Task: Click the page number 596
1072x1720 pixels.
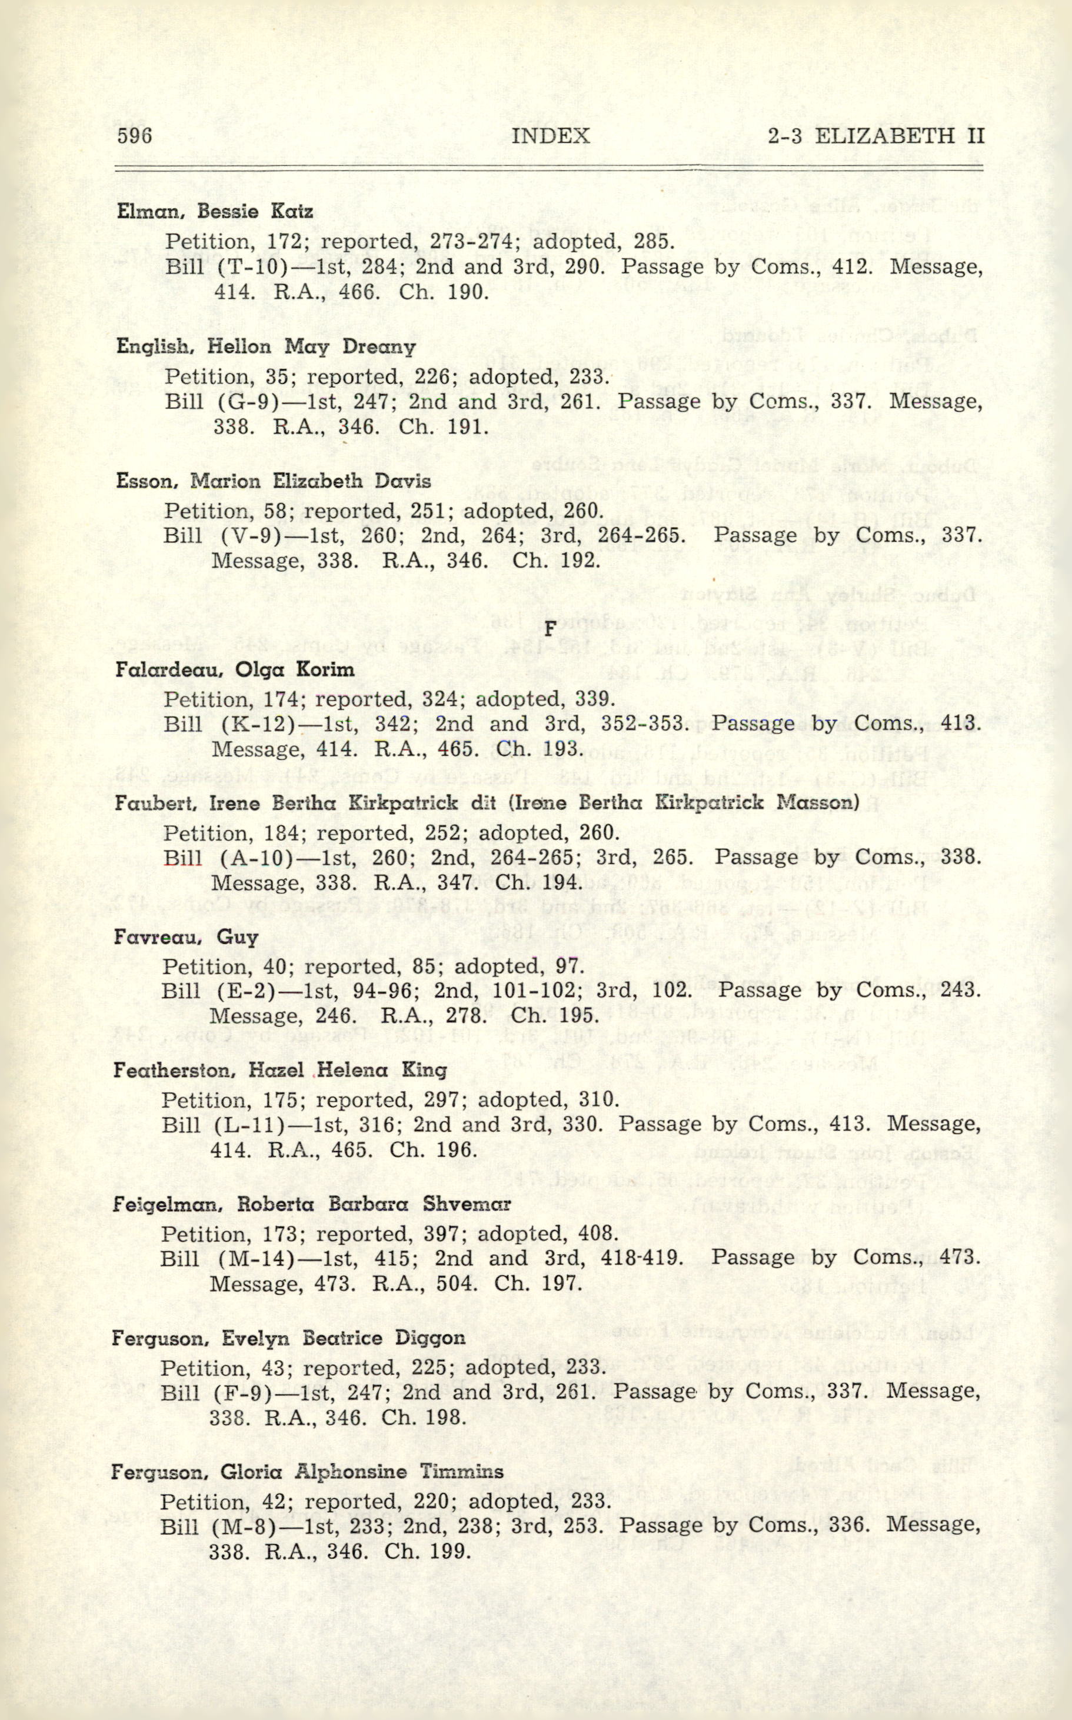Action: pos(134,135)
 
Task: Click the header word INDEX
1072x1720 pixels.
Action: pos(550,135)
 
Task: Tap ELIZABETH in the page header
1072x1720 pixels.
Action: pos(884,135)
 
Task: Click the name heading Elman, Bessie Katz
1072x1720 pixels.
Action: pos(214,211)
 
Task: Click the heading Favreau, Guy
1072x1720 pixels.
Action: pos(186,937)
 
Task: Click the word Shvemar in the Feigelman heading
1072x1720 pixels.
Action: pos(467,1204)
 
